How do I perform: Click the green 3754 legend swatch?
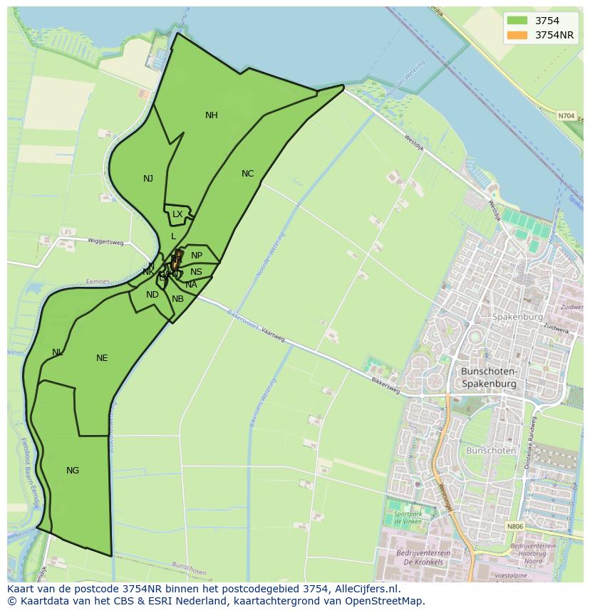pyautogui.click(x=518, y=21)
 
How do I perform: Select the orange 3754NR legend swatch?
pyautogui.click(x=518, y=35)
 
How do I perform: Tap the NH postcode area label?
pyautogui.click(x=212, y=115)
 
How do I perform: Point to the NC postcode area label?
pyautogui.click(x=247, y=174)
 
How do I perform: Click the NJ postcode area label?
pyautogui.click(x=148, y=179)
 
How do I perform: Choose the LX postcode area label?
pyautogui.click(x=177, y=214)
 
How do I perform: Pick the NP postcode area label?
pyautogui.click(x=197, y=256)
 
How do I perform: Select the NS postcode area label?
pyautogui.click(x=196, y=272)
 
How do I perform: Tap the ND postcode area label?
pyautogui.click(x=152, y=295)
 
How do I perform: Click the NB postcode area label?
pyautogui.click(x=177, y=299)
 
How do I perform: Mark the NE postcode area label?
pyautogui.click(x=102, y=358)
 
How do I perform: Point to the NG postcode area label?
pyautogui.click(x=73, y=471)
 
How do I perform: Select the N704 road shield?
pyautogui.click(x=566, y=115)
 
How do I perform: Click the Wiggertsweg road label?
pyautogui.click(x=105, y=242)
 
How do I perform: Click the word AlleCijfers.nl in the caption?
pyautogui.click(x=365, y=590)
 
